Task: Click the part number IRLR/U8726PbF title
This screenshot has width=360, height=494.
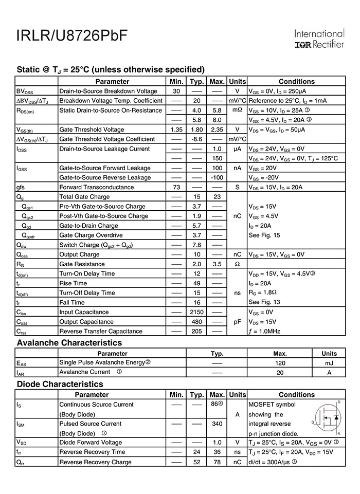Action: pos(72,36)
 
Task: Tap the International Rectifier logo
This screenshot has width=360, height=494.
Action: pos(319,39)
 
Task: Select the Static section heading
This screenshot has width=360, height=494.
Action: pos(111,69)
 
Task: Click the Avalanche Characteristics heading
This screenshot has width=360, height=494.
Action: pos(69,342)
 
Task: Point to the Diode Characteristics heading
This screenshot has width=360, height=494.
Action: pos(60,384)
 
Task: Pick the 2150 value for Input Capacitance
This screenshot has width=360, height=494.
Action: pos(196,312)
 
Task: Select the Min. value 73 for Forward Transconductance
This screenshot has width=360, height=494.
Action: pos(176,187)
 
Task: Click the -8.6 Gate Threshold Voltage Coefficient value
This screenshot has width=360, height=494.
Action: pos(196,139)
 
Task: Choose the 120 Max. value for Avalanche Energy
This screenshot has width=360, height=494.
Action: pos(280,362)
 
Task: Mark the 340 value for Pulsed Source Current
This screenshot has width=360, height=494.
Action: pos(217,424)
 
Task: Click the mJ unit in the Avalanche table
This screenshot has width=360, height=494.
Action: pos(329,362)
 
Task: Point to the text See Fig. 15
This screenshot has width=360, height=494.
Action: pos(264,235)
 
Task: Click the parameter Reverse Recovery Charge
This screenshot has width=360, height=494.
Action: pos(95,462)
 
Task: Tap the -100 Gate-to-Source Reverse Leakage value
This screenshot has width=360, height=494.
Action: pos(217,177)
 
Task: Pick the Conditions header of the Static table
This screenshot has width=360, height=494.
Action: pos(296,81)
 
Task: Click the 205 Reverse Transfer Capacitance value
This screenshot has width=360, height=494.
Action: pos(196,331)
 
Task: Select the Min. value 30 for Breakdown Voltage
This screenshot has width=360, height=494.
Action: pos(176,91)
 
